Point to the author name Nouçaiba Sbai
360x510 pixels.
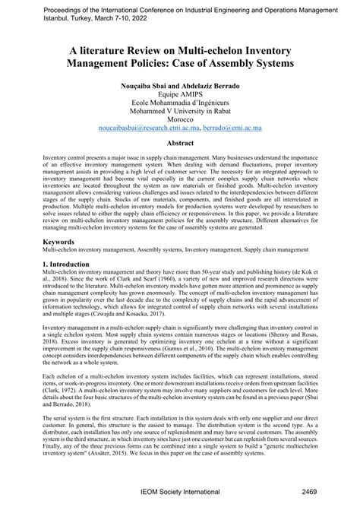pyautogui.click(x=144, y=89)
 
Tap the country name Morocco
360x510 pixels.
pyautogui.click(x=180, y=121)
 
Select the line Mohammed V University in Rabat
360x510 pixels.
pyautogui.click(x=180, y=110)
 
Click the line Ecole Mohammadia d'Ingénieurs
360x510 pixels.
pyautogui.click(x=180, y=105)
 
